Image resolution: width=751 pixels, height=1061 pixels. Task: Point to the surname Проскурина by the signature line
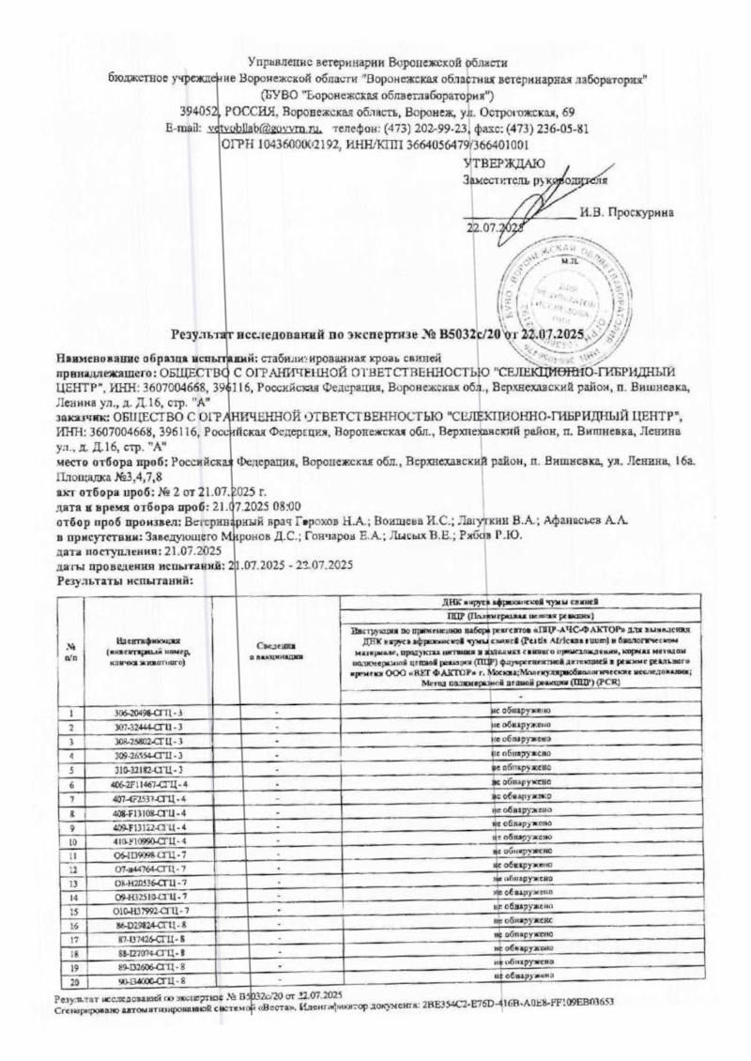click(x=627, y=211)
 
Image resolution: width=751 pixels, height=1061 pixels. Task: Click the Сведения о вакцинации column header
click(x=278, y=648)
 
